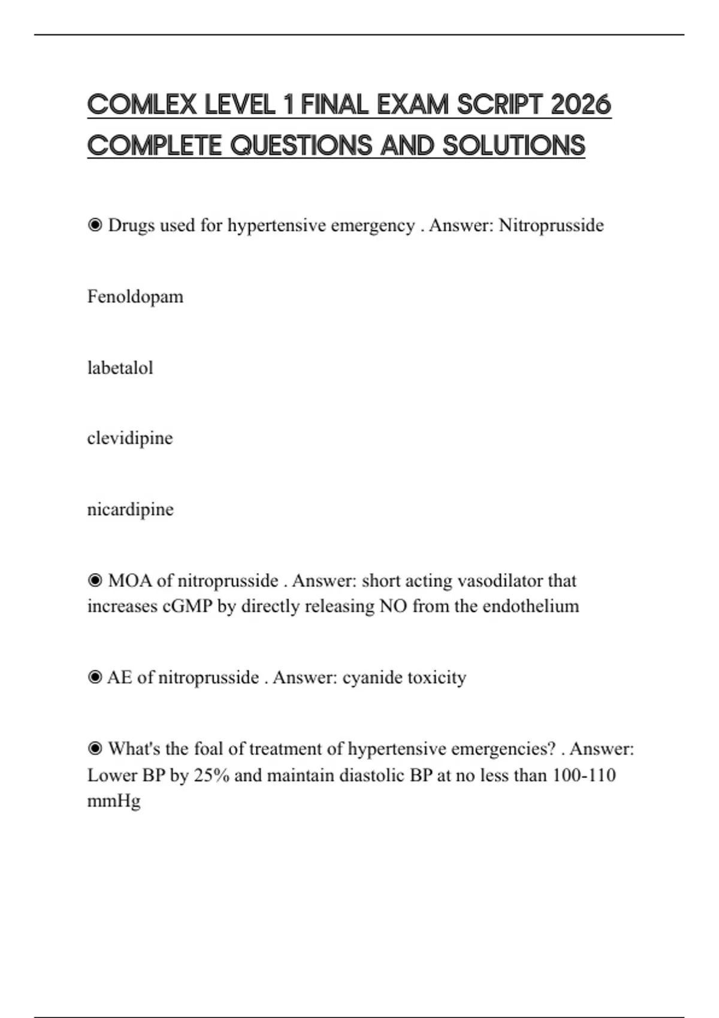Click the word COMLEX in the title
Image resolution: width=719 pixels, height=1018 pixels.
pyautogui.click(x=142, y=105)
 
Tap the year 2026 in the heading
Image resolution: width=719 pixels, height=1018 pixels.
pyautogui.click(x=581, y=105)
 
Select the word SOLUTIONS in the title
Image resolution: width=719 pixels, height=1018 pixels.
pyautogui.click(x=513, y=146)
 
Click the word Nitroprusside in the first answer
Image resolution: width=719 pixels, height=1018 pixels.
pyautogui.click(x=551, y=225)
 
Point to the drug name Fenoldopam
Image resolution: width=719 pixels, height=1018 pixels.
pyautogui.click(x=135, y=296)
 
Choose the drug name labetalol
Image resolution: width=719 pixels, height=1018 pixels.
pyautogui.click(x=120, y=367)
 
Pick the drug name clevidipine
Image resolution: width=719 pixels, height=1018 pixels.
pyautogui.click(x=130, y=438)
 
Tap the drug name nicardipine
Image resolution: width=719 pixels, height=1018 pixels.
pyautogui.click(x=131, y=509)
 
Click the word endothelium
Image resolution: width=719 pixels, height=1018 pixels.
pyautogui.click(x=531, y=606)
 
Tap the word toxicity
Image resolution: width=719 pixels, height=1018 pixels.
pyautogui.click(x=437, y=677)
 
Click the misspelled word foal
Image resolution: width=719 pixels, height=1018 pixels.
pyautogui.click(x=209, y=749)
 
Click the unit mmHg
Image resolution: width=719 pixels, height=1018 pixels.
pyautogui.click(x=114, y=801)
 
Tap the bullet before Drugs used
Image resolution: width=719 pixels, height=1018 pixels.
pyautogui.click(x=95, y=225)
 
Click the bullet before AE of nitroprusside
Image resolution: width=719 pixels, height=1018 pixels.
pyautogui.click(x=95, y=677)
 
